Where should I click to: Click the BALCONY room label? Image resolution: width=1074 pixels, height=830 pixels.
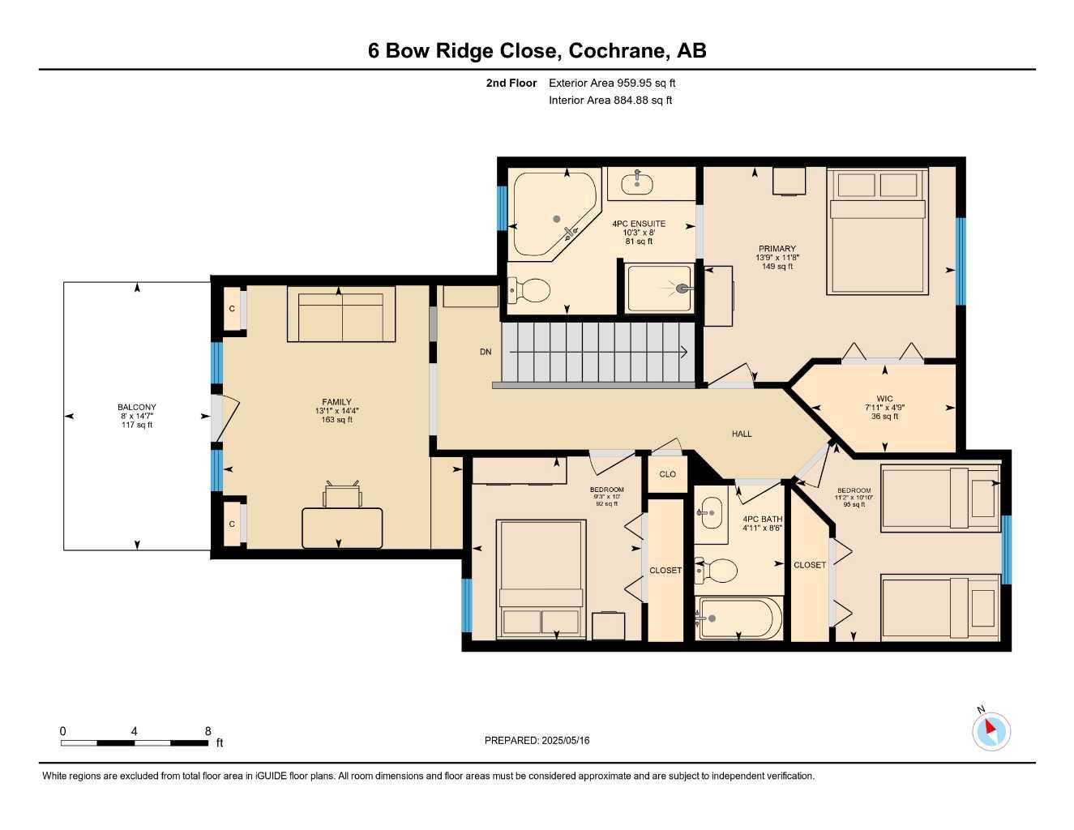tap(136, 407)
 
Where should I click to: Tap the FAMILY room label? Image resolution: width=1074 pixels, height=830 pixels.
tap(336, 402)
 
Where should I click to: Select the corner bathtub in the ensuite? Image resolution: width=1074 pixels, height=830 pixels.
tap(555, 214)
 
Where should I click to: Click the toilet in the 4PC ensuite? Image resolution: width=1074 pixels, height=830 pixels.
tap(529, 290)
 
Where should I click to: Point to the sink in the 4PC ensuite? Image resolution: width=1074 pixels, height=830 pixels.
tap(636, 183)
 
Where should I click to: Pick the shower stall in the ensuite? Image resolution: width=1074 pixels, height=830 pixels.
tap(659, 289)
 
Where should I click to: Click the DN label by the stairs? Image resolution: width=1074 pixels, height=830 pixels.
tap(486, 352)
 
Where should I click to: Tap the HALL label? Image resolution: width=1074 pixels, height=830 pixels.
tap(742, 434)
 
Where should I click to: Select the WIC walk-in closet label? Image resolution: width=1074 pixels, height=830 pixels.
tap(884, 399)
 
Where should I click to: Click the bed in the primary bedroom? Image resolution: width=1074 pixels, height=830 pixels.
tap(877, 232)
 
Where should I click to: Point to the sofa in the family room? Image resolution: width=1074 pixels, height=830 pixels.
tap(341, 314)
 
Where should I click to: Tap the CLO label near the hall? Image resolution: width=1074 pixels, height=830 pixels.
tap(667, 474)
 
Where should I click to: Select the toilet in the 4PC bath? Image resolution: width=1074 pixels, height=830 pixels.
tap(716, 570)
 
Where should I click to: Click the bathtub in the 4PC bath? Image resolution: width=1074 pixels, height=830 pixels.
tap(738, 618)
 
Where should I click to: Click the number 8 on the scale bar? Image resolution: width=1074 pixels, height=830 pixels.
tap(208, 731)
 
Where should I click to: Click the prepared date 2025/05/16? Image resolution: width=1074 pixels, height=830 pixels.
tap(566, 741)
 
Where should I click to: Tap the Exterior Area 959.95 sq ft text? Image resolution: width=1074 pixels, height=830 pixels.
tap(612, 83)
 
